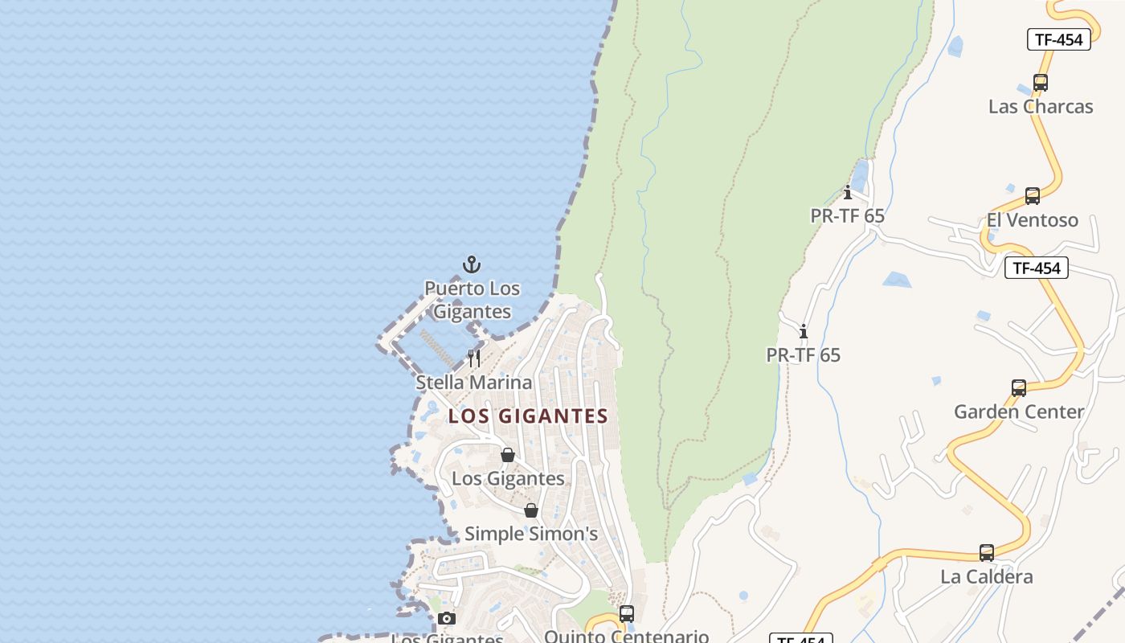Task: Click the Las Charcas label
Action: click(1040, 107)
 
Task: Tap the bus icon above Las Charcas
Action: click(1040, 82)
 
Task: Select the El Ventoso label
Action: click(1032, 220)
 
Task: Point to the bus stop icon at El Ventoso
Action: click(1032, 196)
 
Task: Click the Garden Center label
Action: click(1018, 412)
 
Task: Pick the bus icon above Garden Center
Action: click(1018, 388)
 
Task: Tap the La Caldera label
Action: click(986, 577)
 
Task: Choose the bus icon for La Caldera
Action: click(986, 553)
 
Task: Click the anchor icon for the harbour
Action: click(472, 264)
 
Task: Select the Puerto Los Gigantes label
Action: click(472, 300)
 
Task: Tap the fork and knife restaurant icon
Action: click(474, 358)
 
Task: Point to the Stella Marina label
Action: click(473, 383)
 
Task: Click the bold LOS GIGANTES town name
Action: click(528, 416)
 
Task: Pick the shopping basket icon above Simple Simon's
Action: click(531, 510)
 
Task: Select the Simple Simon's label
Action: click(531, 534)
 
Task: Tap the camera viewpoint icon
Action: click(447, 618)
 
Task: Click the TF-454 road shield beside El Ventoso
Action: click(1036, 268)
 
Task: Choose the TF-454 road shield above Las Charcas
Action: click(1058, 39)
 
